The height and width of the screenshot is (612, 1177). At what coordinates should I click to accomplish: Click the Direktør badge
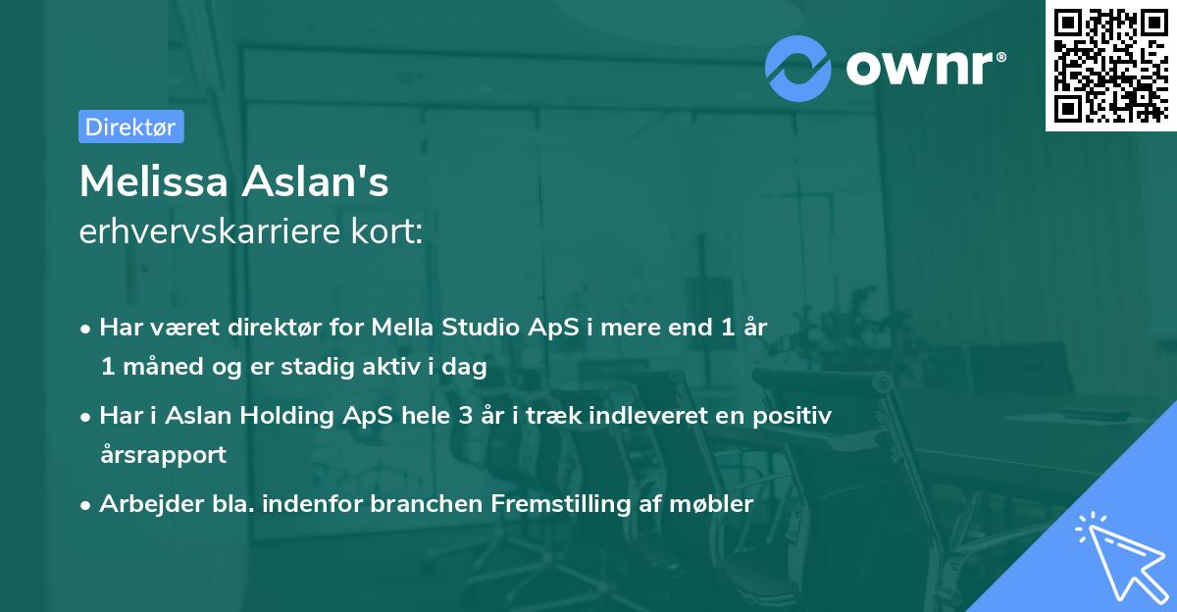(x=130, y=126)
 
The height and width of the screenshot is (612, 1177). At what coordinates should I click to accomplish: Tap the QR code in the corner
(x=1110, y=65)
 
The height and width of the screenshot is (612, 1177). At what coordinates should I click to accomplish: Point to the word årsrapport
(x=163, y=454)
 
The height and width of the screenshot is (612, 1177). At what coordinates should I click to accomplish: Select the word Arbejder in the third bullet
(x=142, y=504)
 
